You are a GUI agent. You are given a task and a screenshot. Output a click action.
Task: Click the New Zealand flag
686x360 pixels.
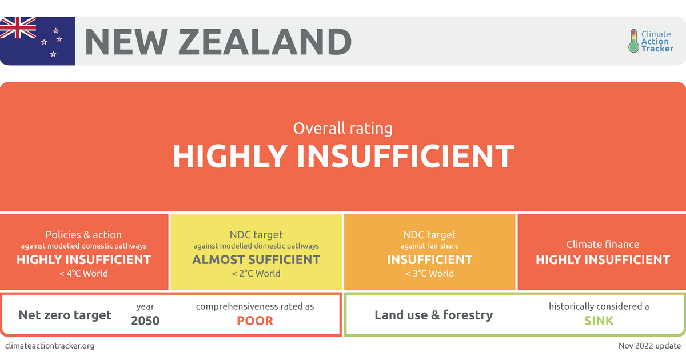point(37,41)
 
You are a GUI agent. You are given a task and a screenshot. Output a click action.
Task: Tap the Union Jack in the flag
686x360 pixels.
point(18,27)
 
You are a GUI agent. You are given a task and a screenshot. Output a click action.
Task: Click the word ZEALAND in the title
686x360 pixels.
point(265,42)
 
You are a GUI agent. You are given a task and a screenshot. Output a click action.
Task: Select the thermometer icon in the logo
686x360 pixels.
point(633,41)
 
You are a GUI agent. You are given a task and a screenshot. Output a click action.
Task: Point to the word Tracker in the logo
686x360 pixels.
point(657,49)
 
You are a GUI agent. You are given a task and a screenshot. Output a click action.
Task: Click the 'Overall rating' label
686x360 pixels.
point(342,128)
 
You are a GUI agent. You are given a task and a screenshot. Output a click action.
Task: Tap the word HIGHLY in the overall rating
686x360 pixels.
point(230,156)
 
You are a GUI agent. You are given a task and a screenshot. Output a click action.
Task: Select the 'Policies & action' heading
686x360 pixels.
point(83,235)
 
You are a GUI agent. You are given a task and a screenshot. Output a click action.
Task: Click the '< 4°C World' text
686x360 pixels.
point(83,273)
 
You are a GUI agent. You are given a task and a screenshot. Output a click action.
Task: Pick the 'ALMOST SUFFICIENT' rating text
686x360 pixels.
point(256,259)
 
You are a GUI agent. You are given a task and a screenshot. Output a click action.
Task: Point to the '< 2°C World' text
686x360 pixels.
point(256,273)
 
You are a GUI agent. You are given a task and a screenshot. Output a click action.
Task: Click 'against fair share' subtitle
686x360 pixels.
point(429,246)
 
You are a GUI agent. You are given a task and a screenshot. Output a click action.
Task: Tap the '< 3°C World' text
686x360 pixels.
point(429,273)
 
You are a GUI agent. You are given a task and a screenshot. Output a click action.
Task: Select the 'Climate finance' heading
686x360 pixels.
point(603,245)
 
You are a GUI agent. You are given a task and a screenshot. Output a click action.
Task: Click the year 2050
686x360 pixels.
point(145,321)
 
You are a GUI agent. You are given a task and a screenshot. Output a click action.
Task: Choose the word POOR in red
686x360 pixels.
point(255,321)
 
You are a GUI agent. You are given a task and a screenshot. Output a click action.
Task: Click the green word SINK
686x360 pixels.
point(599,321)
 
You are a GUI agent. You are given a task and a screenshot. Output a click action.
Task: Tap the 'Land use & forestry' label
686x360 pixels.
point(434,315)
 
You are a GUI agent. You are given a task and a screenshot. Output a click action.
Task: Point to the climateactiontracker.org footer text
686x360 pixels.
point(50,346)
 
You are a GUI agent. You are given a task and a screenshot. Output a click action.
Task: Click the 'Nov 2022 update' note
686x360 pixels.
point(649,346)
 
